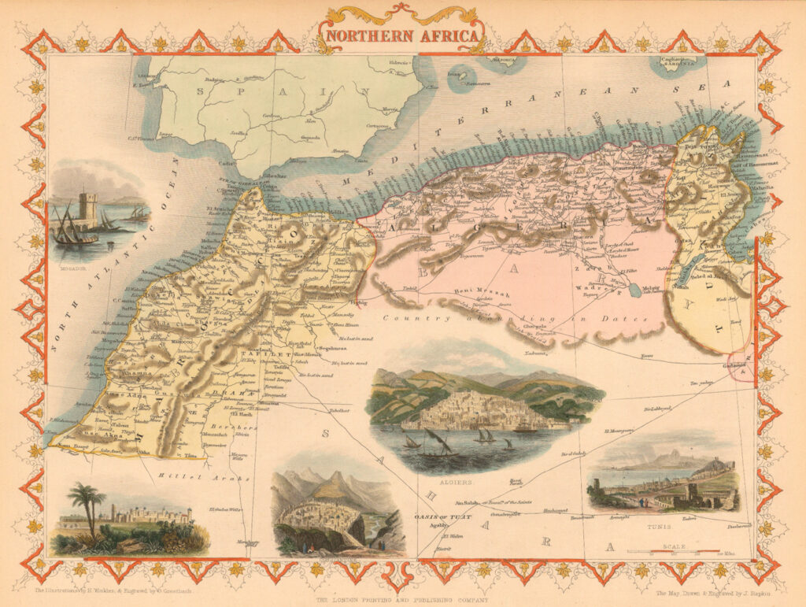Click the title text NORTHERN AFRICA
coord(402,35)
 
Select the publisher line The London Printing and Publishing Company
coord(403,599)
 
